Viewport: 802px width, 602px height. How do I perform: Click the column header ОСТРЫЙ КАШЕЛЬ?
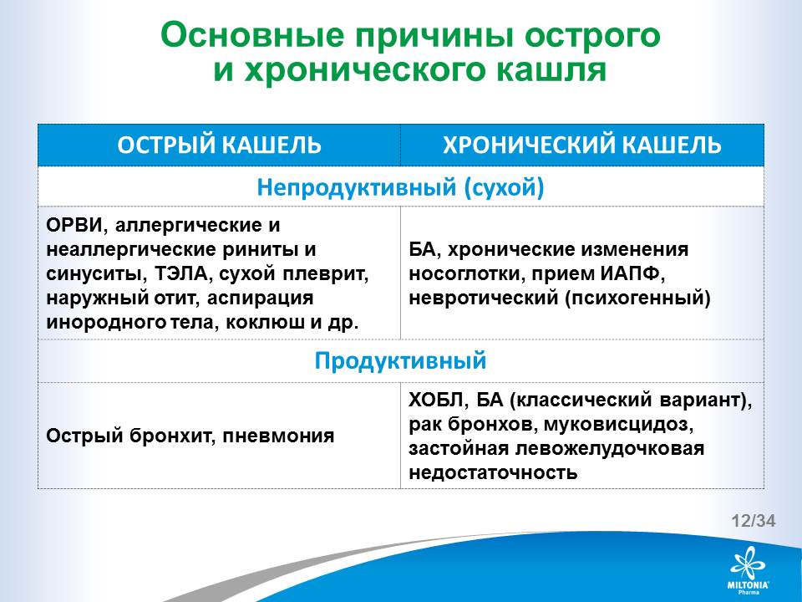[219, 145]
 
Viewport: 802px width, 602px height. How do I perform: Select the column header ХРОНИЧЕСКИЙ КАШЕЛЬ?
[582, 145]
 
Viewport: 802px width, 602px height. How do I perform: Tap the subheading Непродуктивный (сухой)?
[400, 187]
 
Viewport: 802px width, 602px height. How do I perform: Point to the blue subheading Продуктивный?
[400, 361]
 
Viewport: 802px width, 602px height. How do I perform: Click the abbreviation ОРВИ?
[74, 225]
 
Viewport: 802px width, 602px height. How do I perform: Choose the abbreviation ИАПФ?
[632, 274]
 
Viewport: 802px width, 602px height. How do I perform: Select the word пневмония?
[278, 436]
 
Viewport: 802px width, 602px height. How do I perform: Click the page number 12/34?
[754, 521]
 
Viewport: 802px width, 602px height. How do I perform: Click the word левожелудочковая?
[610, 449]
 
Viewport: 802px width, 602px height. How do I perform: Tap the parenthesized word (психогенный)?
[637, 298]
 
